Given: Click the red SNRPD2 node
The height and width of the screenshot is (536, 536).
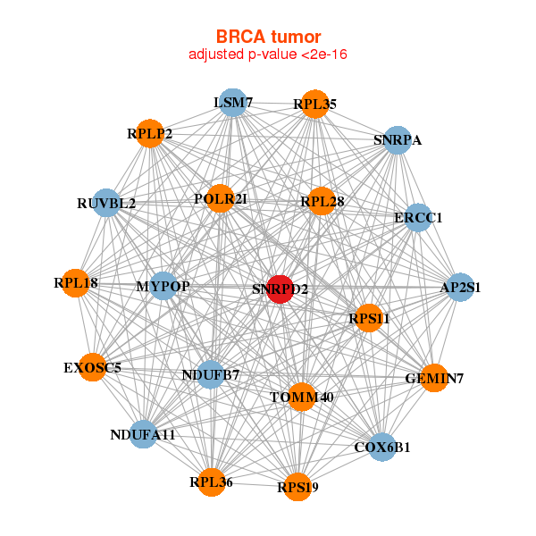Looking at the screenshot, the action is click(x=281, y=289).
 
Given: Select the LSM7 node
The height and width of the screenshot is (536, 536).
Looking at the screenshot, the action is click(x=232, y=103).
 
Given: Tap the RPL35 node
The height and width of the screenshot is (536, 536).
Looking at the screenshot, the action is click(x=314, y=105).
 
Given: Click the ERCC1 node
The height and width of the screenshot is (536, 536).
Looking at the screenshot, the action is click(x=419, y=217).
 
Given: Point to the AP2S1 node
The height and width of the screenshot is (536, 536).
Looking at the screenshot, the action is click(x=460, y=288).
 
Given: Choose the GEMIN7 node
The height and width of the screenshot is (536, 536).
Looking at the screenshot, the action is click(x=434, y=378).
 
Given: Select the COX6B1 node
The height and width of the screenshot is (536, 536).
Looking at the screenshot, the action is click(x=382, y=447).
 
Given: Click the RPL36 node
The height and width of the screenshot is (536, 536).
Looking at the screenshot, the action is click(x=211, y=482).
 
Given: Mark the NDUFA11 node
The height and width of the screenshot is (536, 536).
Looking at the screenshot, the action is click(x=143, y=434).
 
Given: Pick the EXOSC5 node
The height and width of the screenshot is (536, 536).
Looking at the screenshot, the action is click(x=92, y=367).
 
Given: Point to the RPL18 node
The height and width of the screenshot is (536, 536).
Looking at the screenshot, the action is click(x=76, y=283).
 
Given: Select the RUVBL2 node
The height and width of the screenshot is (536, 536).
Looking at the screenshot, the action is click(x=106, y=203).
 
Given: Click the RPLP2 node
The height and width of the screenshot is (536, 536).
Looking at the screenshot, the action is click(x=149, y=135).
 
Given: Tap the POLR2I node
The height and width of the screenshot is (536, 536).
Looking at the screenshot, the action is click(x=220, y=198).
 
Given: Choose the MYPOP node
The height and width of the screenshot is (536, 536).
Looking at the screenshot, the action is click(x=163, y=286).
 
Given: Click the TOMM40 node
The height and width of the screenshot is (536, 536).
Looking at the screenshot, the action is click(x=302, y=397).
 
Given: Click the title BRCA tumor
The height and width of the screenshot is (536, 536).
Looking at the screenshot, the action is click(x=268, y=37).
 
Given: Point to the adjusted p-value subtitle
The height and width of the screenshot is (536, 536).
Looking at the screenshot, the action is click(x=268, y=55).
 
